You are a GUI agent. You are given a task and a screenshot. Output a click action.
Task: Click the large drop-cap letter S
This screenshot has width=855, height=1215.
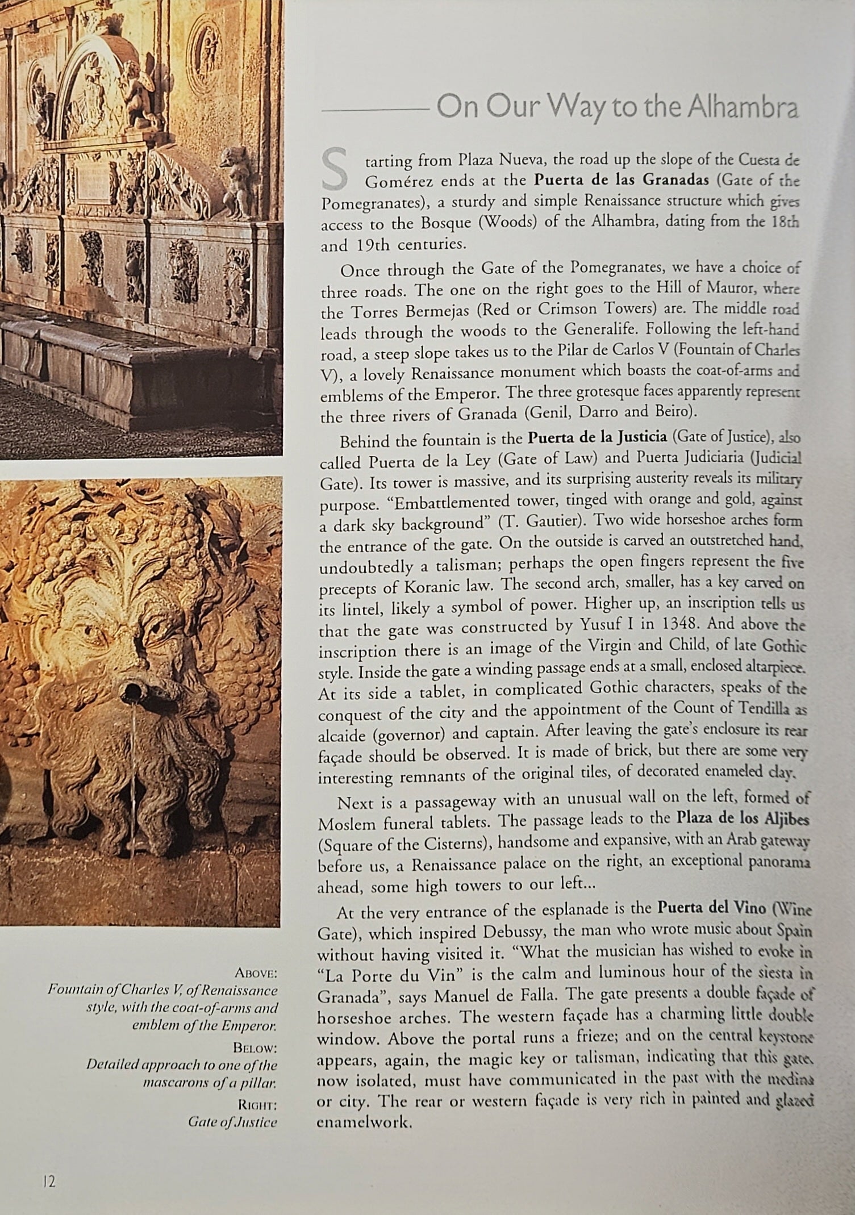[x=334, y=169]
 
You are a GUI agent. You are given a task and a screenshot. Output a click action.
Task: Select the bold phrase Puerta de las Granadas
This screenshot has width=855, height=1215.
[x=622, y=181]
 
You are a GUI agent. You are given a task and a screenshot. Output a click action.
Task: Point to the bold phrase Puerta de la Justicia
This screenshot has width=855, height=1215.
[x=597, y=437]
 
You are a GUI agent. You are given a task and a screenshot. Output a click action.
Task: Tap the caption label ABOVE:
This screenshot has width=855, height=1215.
[x=256, y=974]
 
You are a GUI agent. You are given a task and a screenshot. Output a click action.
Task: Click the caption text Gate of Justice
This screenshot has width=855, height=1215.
[x=232, y=1122]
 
